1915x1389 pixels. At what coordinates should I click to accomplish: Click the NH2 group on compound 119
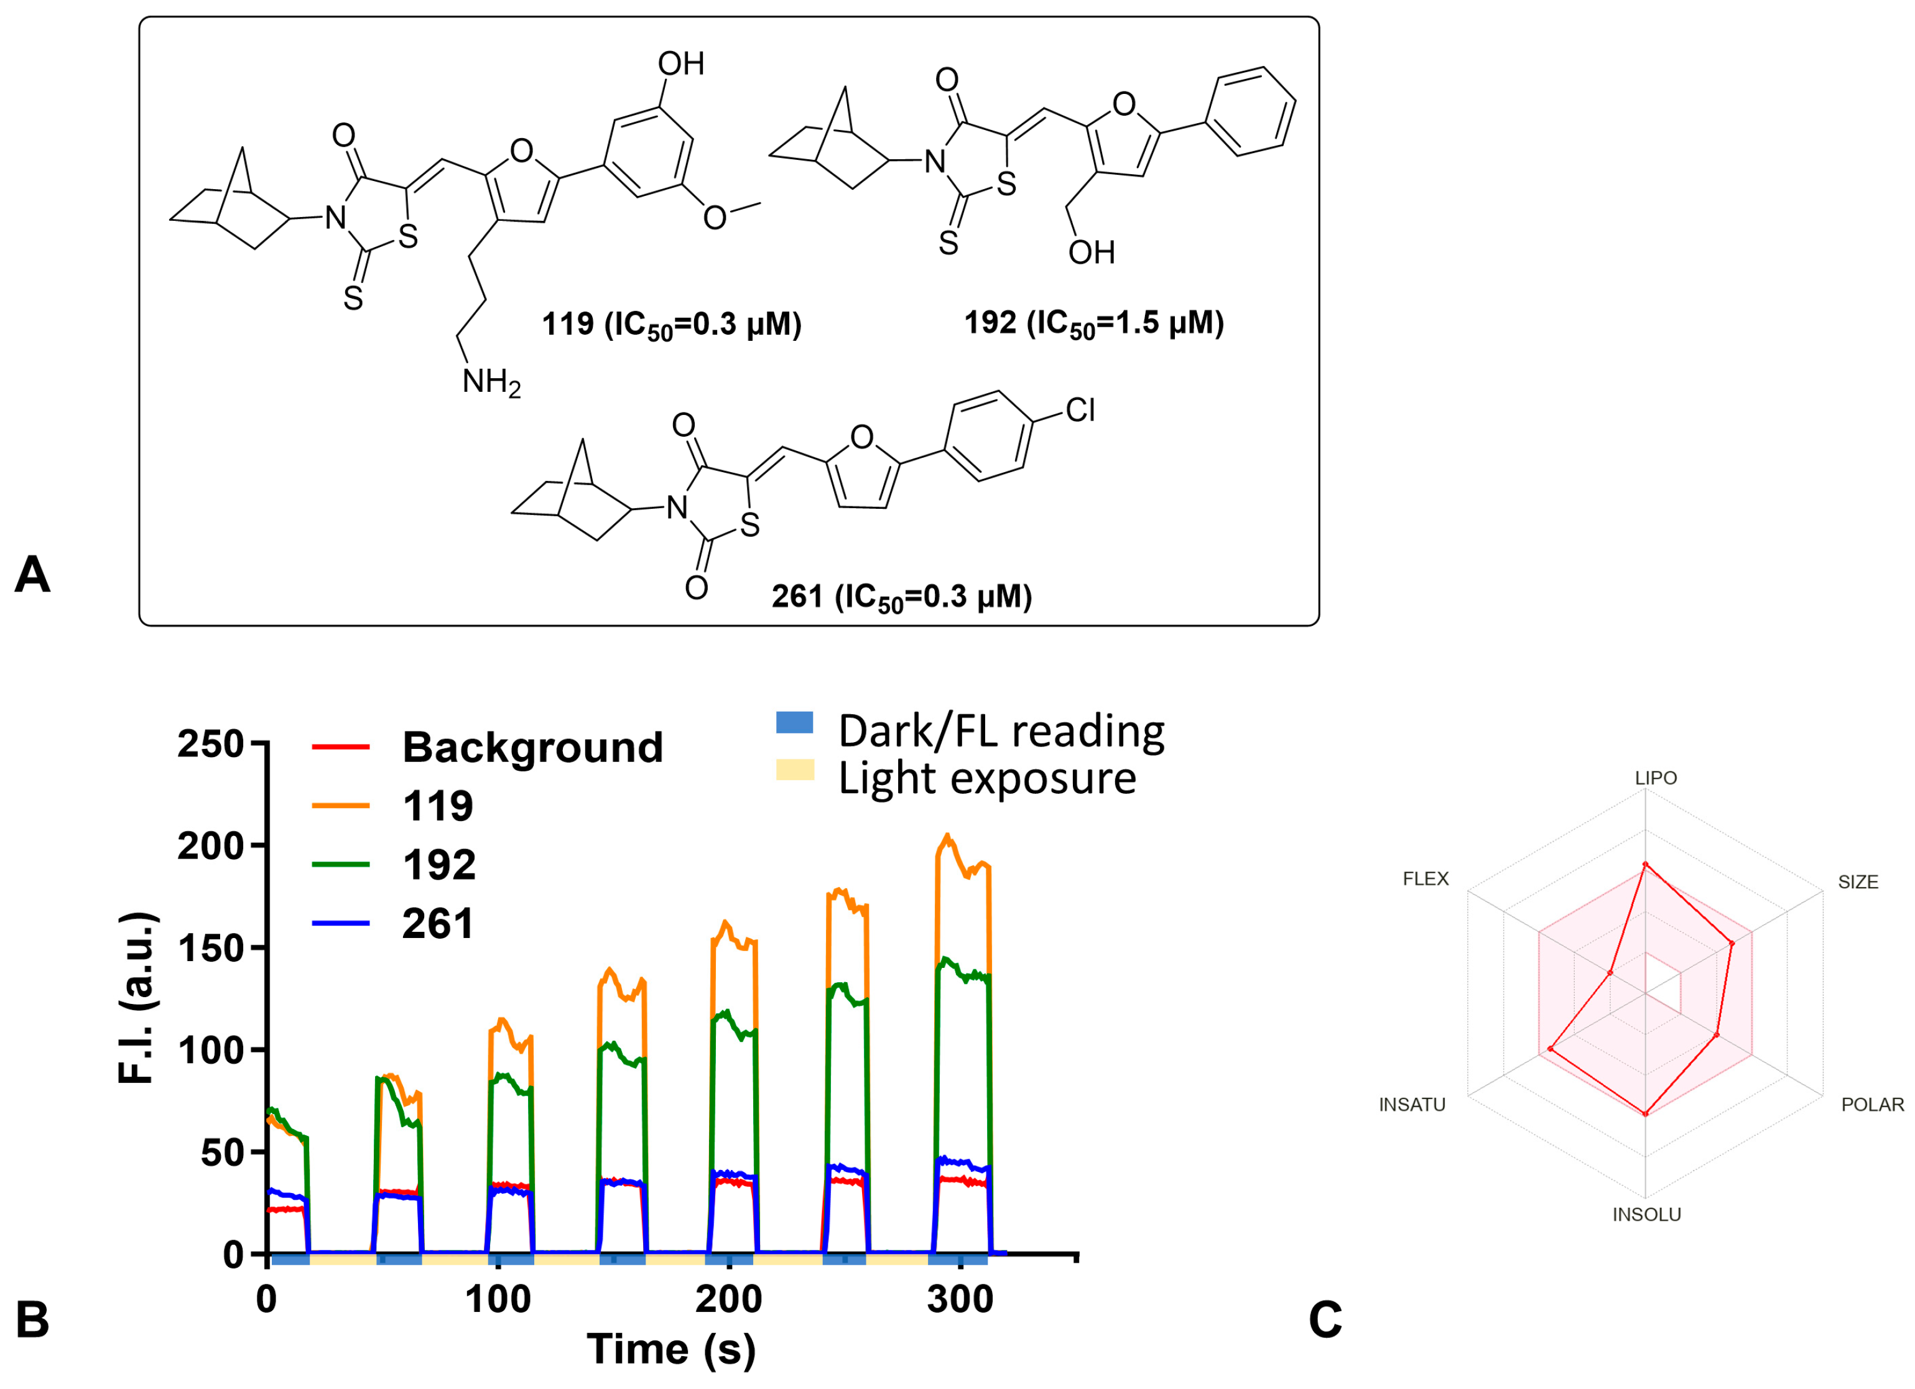(491, 383)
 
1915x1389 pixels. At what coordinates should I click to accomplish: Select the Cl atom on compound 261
(1080, 411)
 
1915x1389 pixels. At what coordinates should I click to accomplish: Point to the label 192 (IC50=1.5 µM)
(1093, 323)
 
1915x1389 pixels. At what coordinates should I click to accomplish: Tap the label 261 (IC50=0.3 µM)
(901, 598)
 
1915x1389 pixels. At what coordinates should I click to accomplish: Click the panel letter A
(32, 575)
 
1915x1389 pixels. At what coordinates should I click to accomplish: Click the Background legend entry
(532, 747)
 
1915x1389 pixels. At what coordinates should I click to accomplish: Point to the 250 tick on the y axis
(210, 745)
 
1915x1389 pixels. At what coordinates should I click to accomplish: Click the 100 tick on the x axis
(498, 1299)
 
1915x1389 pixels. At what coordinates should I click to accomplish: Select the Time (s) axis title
(671, 1349)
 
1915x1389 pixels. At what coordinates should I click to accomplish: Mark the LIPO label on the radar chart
(1656, 778)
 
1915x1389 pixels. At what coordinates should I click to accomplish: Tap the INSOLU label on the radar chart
(1646, 1214)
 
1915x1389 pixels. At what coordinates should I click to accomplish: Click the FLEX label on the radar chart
(1426, 879)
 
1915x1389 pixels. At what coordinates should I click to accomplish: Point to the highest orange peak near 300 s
(947, 836)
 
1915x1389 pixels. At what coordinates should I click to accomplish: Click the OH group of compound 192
(1091, 253)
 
